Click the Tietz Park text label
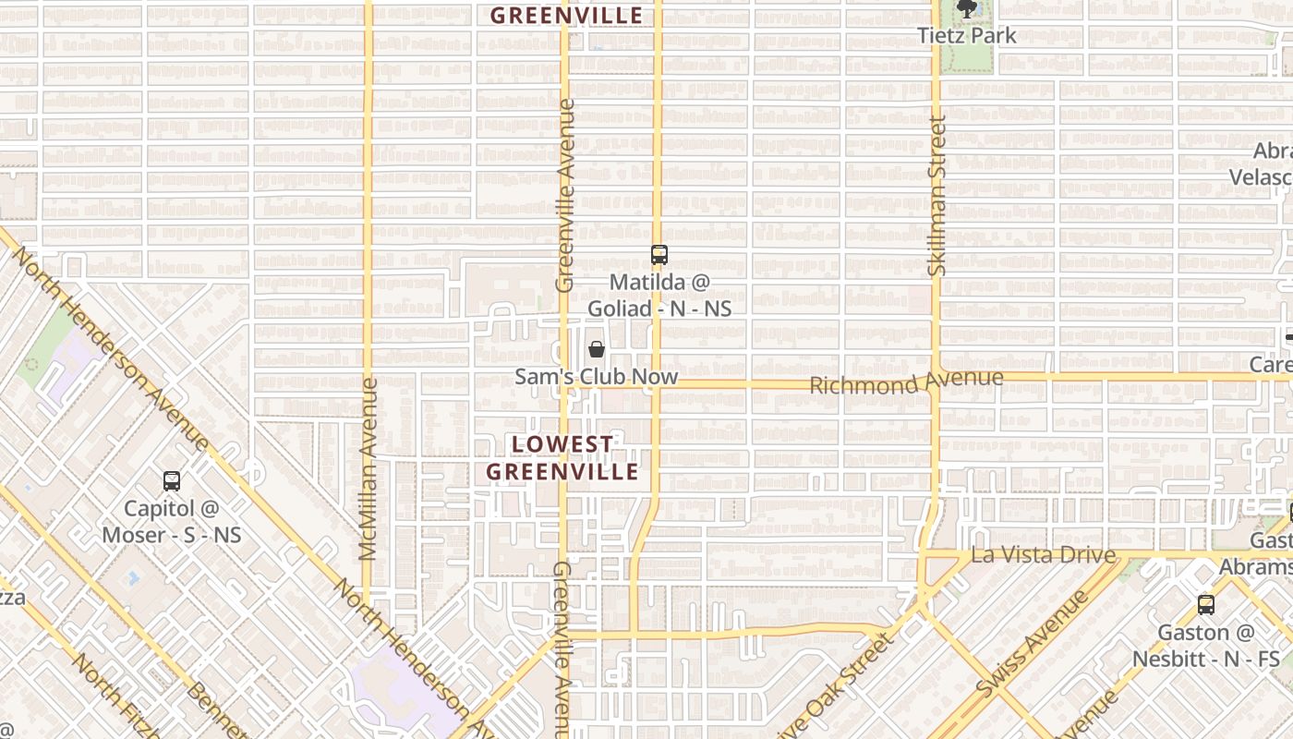click(966, 36)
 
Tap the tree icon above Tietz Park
click(966, 9)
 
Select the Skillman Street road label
click(937, 196)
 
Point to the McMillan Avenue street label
click(369, 469)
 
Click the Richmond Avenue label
click(906, 382)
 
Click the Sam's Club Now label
click(596, 377)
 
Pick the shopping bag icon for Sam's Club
click(597, 349)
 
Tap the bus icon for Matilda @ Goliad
click(659, 255)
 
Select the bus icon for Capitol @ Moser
click(172, 480)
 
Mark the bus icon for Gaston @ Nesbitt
click(1205, 605)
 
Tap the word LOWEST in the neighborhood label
click(562, 444)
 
